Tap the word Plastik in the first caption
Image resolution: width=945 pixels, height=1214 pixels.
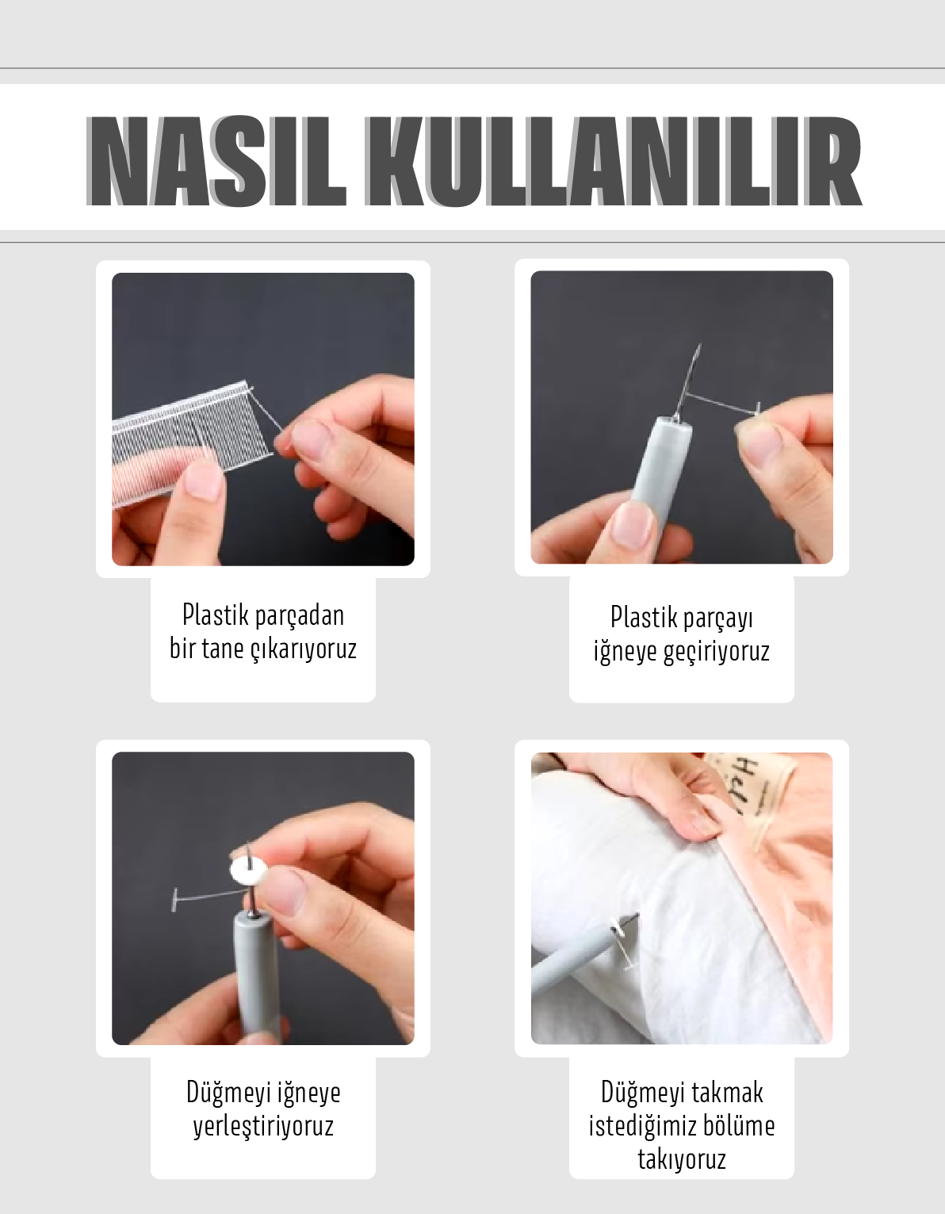point(216,615)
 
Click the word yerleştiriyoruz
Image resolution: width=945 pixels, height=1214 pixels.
point(263,1126)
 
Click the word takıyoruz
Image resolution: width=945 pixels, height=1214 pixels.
point(681,1160)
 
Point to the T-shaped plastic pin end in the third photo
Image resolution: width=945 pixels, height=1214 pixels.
point(175,900)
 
